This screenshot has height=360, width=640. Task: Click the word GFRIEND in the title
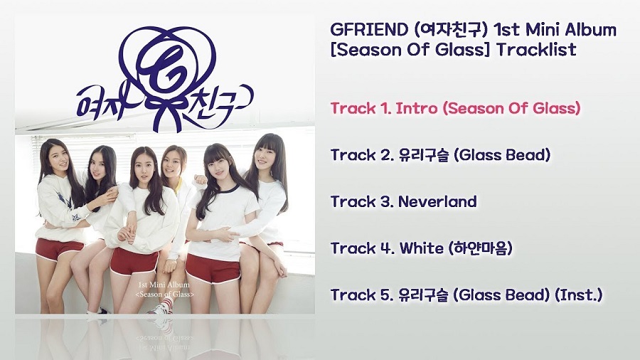(369, 30)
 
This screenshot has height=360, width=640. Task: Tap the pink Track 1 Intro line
(456, 109)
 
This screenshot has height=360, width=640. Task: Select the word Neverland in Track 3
(437, 201)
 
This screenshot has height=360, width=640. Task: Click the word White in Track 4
(422, 248)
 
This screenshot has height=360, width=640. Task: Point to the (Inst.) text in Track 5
(579, 295)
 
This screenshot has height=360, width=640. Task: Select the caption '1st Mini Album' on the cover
(164, 285)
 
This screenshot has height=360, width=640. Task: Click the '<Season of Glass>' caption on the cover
(164, 294)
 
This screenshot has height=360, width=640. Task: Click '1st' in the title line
(507, 30)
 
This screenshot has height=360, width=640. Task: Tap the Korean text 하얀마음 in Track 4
(480, 248)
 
